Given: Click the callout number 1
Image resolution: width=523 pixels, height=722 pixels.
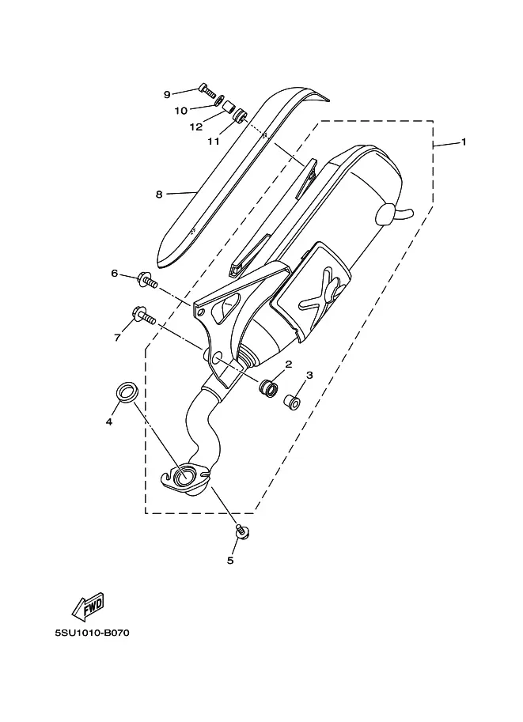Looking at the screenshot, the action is click(x=464, y=142).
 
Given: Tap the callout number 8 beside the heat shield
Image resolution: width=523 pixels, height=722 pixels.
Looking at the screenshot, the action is click(x=159, y=195).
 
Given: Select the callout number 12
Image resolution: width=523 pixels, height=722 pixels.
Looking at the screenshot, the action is click(x=196, y=127).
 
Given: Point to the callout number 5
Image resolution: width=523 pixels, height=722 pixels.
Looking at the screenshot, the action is click(x=230, y=560).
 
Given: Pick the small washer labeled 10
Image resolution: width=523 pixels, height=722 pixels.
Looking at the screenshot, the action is click(x=220, y=100).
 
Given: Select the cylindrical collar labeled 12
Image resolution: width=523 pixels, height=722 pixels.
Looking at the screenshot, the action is click(x=229, y=108).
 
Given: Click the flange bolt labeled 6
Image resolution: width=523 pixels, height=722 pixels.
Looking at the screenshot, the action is click(x=147, y=281).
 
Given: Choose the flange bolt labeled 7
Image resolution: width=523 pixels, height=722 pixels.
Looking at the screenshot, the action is click(x=144, y=316).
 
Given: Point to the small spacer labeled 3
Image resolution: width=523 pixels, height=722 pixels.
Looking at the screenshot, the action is click(x=292, y=402).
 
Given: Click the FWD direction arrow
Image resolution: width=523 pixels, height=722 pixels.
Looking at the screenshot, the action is click(x=88, y=605).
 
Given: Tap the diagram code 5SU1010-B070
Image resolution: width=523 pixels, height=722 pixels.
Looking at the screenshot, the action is click(x=92, y=633).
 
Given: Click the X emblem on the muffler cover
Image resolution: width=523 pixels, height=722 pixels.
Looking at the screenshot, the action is click(x=323, y=293).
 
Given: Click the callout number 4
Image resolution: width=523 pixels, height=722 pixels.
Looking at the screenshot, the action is click(x=109, y=421).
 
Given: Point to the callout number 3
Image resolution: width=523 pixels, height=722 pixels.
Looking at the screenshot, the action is click(x=309, y=375).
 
